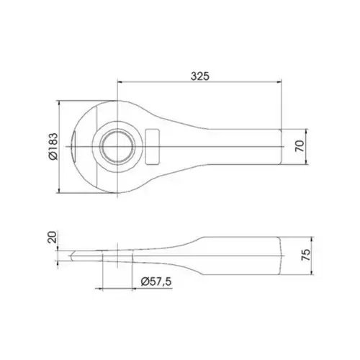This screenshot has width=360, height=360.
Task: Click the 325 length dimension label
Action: [200, 76]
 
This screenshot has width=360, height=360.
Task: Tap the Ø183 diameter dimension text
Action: [53, 146]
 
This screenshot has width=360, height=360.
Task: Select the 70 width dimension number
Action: [300, 146]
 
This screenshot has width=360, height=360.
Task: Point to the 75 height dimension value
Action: [306, 255]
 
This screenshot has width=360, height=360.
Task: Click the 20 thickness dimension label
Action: [52, 237]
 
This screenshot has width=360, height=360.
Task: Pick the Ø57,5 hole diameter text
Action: [156, 282]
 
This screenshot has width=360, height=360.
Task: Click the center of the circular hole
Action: [117, 146]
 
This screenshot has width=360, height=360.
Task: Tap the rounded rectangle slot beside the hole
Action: [153, 147]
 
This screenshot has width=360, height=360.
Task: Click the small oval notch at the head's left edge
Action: [74, 146]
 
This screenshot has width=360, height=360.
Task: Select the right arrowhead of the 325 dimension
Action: [279, 82]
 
